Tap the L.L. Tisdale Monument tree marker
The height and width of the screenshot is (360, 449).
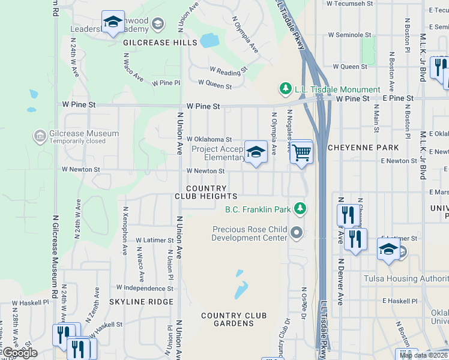286,89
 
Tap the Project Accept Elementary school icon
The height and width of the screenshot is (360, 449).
256,153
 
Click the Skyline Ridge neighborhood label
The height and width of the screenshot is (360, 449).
141,302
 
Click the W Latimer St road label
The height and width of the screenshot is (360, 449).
154,240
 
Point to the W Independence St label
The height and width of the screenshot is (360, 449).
145,288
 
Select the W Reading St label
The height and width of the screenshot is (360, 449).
228,70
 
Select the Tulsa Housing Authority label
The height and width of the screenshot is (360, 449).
406,278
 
